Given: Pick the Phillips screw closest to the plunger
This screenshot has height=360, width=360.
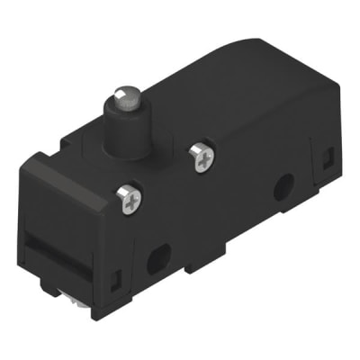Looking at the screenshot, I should pos(202,157).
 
